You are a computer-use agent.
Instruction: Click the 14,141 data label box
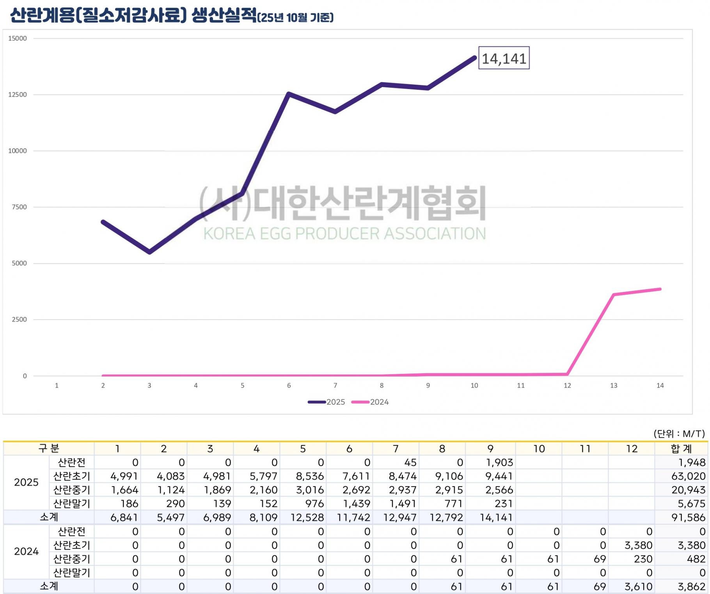coord(504,58)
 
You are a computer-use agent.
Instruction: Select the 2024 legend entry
coord(371,402)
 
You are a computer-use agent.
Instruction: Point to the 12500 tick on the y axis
coord(18,94)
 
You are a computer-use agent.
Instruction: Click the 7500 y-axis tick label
coord(19,207)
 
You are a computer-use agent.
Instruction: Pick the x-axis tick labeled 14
coord(660,386)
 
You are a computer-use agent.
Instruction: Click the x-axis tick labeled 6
coord(289,386)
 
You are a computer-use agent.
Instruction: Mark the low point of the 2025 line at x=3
coord(150,252)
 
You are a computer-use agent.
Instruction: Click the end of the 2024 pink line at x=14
coord(660,289)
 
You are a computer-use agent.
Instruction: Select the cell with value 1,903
coord(499,462)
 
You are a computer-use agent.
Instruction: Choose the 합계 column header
coord(681,449)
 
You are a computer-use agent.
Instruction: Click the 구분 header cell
coord(49,448)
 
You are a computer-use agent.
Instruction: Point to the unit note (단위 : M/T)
coord(679,434)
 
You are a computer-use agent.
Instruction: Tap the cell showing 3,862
coord(691,587)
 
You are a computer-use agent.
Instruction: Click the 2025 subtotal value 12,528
coord(307,518)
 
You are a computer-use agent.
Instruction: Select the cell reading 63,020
coord(688,476)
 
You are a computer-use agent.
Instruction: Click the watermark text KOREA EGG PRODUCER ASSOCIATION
coord(344,233)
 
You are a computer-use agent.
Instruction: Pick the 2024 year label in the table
coord(26,551)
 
